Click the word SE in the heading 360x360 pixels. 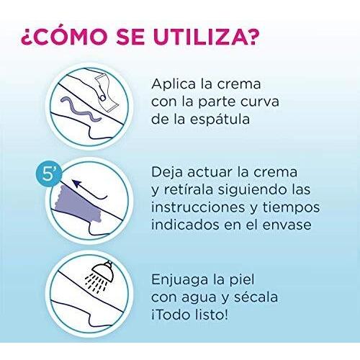(130, 37)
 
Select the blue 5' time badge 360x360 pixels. (50, 174)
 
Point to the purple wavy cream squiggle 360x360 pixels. (81, 109)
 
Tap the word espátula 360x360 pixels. (220, 120)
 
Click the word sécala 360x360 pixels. (256, 297)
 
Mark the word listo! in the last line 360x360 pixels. (211, 315)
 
